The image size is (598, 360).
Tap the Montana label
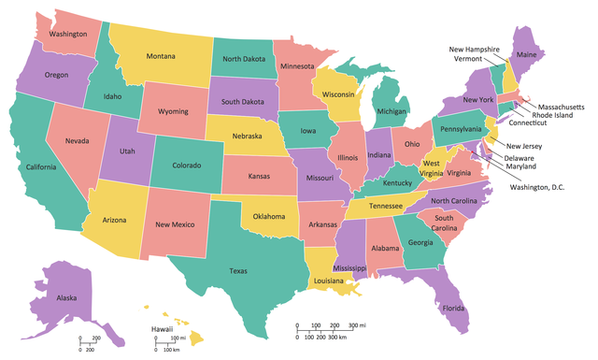tap(162, 55)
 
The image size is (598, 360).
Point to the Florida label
tap(452, 308)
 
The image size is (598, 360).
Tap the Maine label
tap(526, 54)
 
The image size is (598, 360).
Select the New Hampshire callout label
tap(474, 49)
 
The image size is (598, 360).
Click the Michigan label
tap(392, 111)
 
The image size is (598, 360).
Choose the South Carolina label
tap(444, 223)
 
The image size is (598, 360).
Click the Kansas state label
tap(259, 175)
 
